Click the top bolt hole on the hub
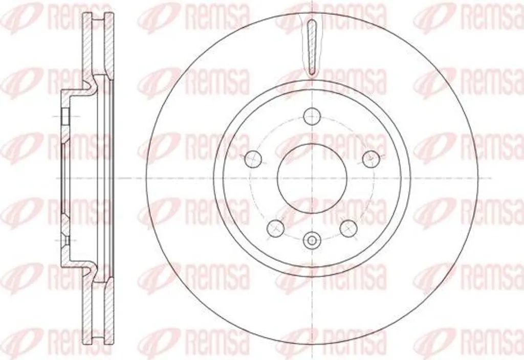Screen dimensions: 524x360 coord(312,116)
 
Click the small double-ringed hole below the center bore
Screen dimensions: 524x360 coord(312,240)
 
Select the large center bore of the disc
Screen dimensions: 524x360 coord(312,178)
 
